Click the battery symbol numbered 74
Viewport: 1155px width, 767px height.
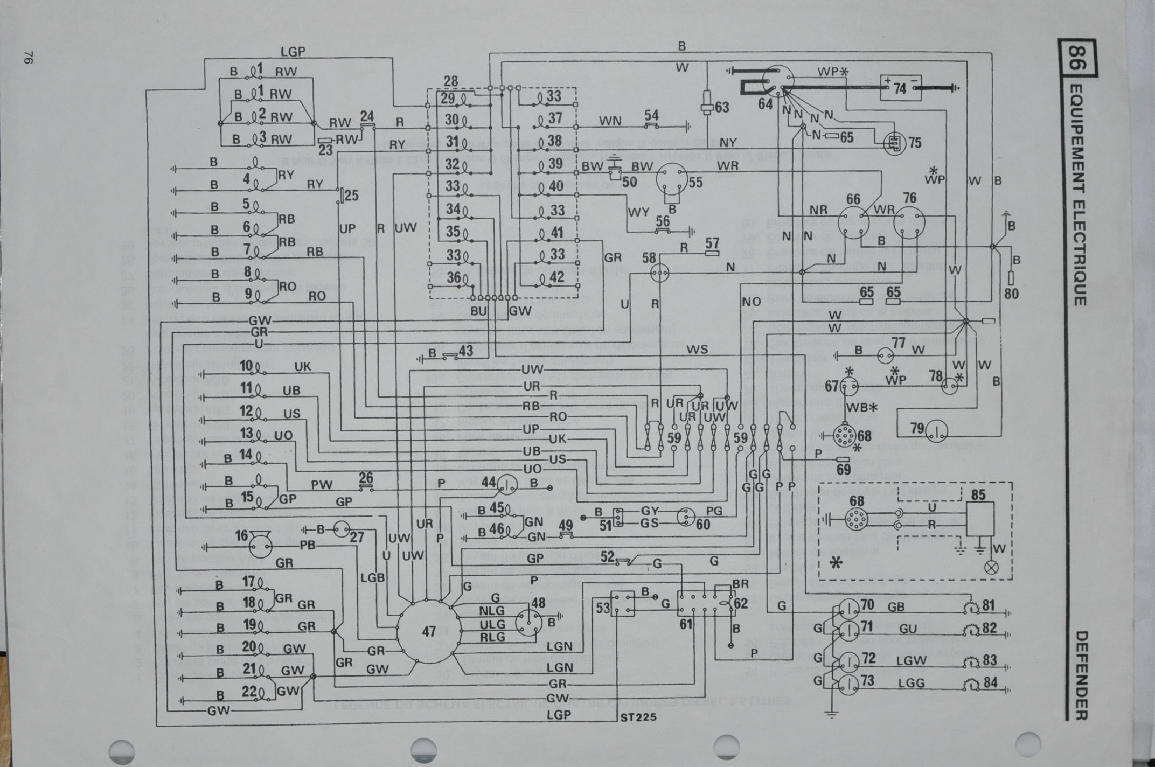(x=900, y=88)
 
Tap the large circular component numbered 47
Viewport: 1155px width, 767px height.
(x=428, y=631)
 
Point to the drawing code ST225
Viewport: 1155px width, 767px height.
(x=638, y=717)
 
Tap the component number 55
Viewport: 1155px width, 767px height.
(x=695, y=183)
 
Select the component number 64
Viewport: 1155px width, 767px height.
(x=765, y=104)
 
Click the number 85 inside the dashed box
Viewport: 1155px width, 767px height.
(x=978, y=494)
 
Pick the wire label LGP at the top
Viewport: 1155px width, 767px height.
(x=293, y=52)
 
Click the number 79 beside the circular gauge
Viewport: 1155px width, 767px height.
(x=917, y=429)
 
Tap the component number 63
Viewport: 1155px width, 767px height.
(x=722, y=107)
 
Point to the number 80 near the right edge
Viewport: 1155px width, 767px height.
(x=1011, y=294)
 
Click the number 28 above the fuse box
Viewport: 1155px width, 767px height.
(x=450, y=81)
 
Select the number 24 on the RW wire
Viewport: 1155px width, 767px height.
(x=367, y=116)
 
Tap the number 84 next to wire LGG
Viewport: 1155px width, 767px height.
(x=990, y=682)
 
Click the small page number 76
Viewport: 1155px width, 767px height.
(x=29, y=58)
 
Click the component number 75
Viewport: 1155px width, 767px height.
(x=914, y=143)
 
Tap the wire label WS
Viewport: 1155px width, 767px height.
(x=697, y=350)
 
